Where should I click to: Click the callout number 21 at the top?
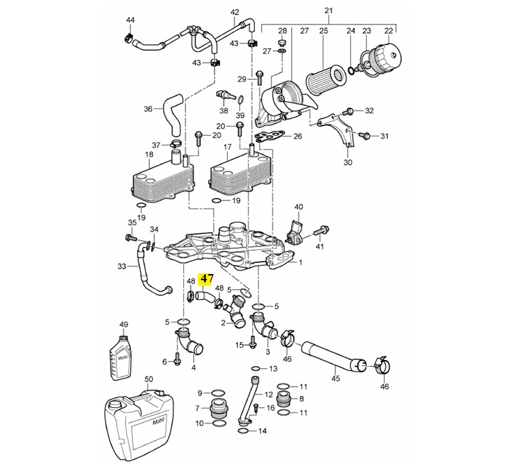click(328, 11)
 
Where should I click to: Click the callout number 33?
click(122, 267)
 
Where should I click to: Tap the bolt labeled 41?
click(322, 232)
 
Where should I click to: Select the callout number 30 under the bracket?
click(348, 162)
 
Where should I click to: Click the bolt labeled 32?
click(350, 110)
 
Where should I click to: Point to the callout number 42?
click(235, 12)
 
